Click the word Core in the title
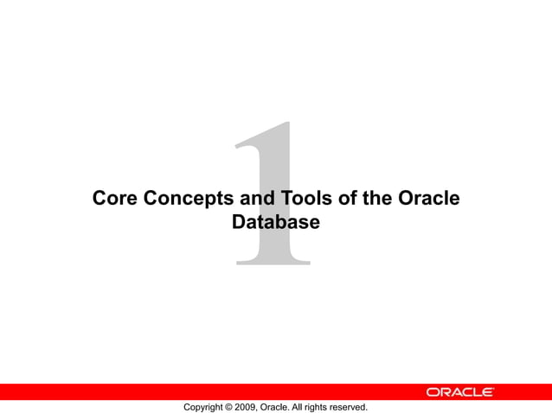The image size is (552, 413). click(115, 199)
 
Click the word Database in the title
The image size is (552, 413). click(276, 222)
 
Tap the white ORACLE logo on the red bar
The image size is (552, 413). click(459, 392)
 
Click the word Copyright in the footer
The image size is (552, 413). click(205, 407)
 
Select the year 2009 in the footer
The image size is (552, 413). click(247, 407)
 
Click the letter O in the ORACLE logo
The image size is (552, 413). click(432, 392)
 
